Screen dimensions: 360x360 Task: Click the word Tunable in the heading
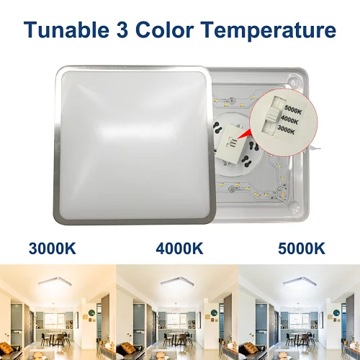pos(66,30)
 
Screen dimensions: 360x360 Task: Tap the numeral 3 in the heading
pos(122,30)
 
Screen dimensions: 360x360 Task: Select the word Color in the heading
pos(164,30)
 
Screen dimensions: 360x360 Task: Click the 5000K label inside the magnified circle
pos(293,109)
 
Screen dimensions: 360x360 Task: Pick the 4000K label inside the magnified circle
pos(289,120)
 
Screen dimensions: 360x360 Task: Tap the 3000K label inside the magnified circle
pos(286,130)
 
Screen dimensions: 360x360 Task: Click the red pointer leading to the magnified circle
pos(243,135)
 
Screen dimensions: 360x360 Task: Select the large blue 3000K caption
pos(53,248)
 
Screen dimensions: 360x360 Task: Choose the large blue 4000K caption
pos(179,248)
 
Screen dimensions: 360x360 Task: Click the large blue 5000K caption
pos(302,248)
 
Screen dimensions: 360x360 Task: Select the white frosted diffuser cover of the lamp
pos(133,145)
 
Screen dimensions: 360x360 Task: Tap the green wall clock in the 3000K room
pos(92,313)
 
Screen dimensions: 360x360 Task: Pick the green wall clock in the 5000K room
pos(337,313)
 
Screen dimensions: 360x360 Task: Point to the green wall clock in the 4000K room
pos(214,313)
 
